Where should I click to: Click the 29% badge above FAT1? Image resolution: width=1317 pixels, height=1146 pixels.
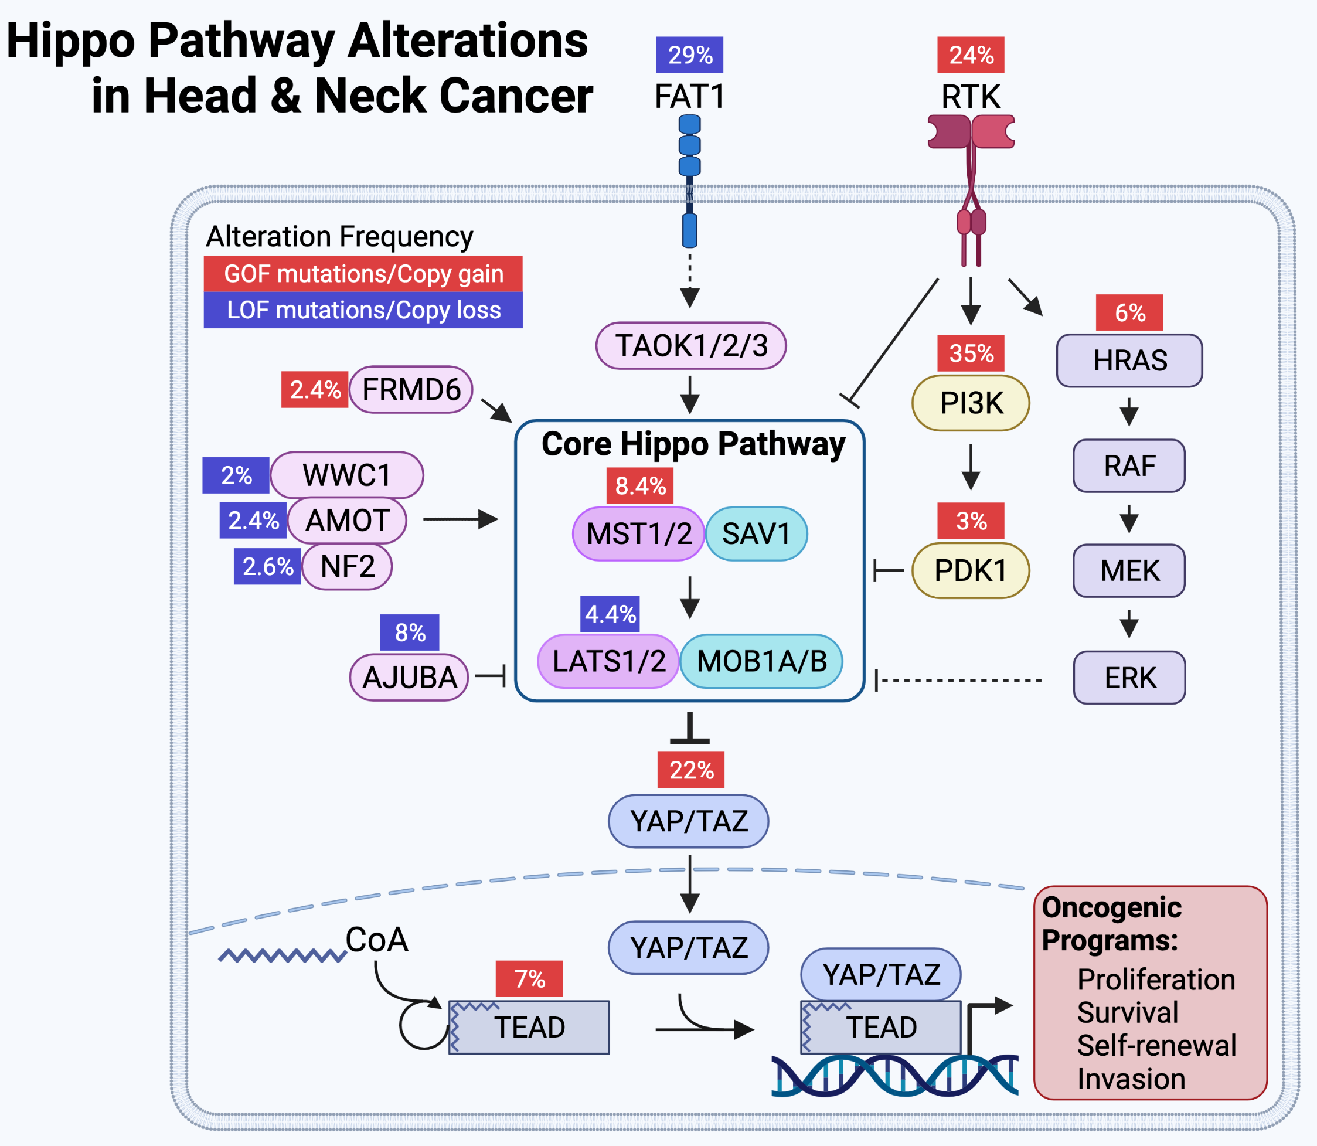(x=689, y=55)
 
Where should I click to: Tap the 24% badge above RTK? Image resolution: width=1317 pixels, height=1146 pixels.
(x=971, y=55)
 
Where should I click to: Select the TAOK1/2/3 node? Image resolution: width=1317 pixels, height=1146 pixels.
(x=690, y=346)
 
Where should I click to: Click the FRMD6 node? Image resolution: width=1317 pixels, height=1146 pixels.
(x=411, y=389)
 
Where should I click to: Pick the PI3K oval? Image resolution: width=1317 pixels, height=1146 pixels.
(x=971, y=403)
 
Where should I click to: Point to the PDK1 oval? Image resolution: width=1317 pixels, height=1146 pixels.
(x=971, y=570)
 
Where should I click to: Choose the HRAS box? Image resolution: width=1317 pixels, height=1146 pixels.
(x=1129, y=361)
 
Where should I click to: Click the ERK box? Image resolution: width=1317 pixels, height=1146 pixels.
(x=1129, y=678)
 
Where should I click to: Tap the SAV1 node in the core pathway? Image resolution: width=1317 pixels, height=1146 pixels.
(x=756, y=534)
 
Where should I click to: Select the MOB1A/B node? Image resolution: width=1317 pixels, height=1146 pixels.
(x=761, y=661)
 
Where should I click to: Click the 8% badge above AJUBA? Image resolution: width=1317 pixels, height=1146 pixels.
(x=410, y=632)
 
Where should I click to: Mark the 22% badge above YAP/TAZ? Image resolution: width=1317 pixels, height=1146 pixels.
(x=690, y=770)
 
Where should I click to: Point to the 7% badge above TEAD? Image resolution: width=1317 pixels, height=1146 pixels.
(x=529, y=978)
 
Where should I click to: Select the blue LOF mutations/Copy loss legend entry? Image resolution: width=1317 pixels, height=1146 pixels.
(x=363, y=310)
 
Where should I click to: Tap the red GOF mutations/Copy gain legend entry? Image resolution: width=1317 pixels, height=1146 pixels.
(x=363, y=274)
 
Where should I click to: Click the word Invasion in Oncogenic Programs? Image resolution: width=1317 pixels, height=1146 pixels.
(x=1131, y=1080)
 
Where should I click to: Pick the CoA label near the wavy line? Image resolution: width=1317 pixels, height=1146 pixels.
(x=376, y=940)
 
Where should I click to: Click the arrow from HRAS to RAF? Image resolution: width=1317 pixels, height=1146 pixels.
(x=1129, y=413)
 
